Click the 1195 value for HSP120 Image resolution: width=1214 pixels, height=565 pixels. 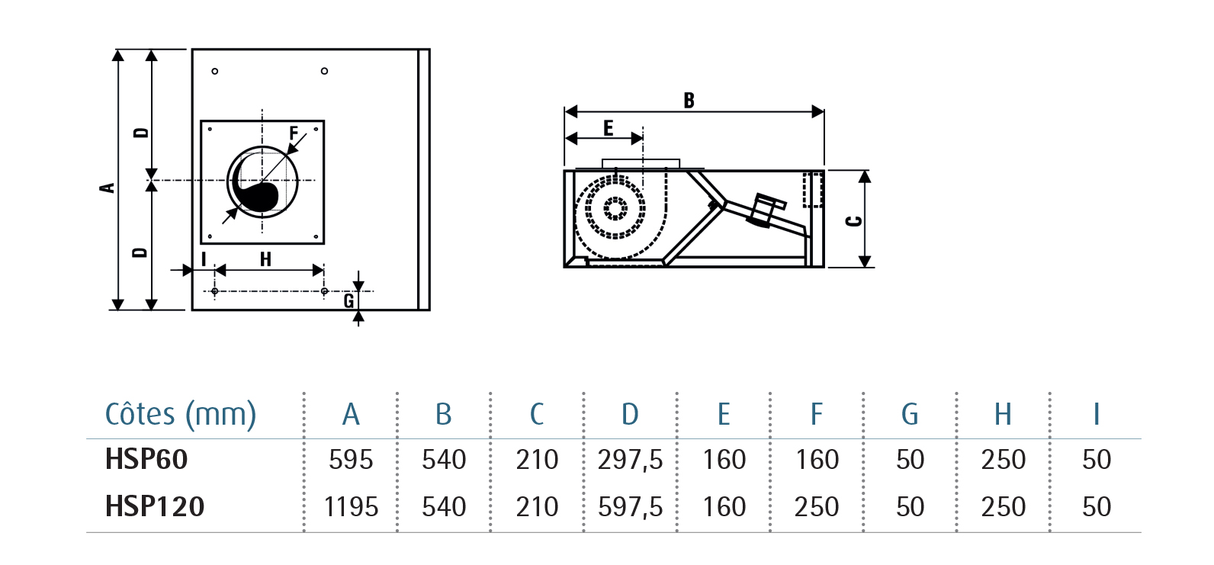tap(351, 507)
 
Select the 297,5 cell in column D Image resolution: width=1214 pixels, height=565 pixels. tap(630, 460)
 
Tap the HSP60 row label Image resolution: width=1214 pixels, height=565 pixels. tap(146, 459)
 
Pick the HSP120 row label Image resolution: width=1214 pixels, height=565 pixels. tap(155, 507)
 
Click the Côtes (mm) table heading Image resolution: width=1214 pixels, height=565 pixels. tap(181, 415)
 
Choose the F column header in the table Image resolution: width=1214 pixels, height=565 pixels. tap(817, 414)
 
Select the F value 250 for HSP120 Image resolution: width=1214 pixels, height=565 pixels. tap(817, 507)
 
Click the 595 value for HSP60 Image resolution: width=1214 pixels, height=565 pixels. tap(351, 460)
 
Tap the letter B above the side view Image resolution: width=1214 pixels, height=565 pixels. tap(689, 100)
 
